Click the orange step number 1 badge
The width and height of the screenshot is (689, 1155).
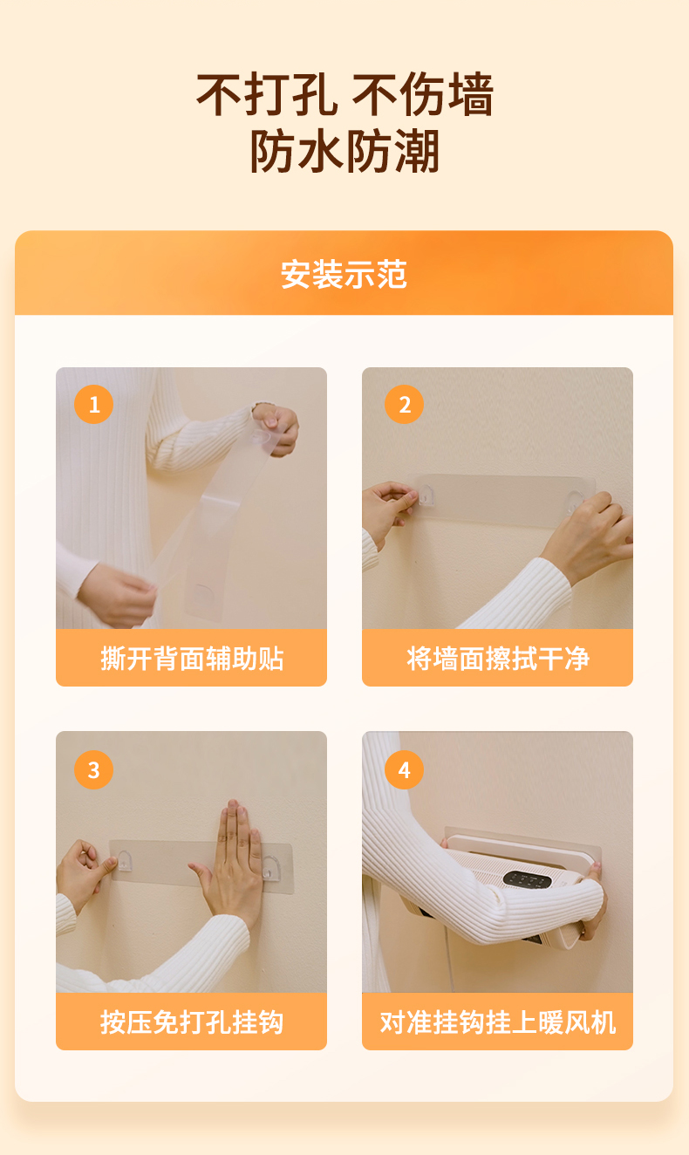(94, 404)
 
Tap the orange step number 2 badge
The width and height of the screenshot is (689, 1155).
(404, 404)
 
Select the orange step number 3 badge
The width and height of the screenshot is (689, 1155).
(94, 769)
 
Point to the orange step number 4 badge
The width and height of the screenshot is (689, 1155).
(404, 769)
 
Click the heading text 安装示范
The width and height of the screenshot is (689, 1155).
(344, 274)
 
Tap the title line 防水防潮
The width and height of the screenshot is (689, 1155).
(344, 152)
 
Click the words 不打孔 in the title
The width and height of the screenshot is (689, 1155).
(267, 94)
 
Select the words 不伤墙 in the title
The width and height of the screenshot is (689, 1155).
(423, 94)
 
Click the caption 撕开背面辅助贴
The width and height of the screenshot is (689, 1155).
(192, 659)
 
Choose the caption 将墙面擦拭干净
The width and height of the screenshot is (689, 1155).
(498, 659)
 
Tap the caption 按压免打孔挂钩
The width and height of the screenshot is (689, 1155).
(192, 1022)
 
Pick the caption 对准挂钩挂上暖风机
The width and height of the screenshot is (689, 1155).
(498, 1022)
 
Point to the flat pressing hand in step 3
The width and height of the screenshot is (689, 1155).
(232, 861)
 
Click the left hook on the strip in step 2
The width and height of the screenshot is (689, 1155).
(425, 495)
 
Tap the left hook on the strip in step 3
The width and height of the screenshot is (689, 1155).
(124, 860)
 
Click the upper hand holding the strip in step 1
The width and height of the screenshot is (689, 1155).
(276, 429)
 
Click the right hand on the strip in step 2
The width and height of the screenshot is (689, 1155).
(588, 536)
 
